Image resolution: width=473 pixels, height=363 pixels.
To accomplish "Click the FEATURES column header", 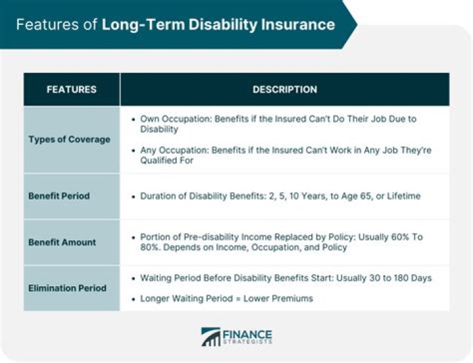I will pos(71,89).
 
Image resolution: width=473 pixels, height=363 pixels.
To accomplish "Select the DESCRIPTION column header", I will pos(284,89).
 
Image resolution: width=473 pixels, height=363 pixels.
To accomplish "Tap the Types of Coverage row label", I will pos(70,140).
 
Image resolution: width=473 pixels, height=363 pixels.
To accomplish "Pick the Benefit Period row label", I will pos(59,196).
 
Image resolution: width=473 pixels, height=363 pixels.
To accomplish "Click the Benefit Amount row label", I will pos(62,242).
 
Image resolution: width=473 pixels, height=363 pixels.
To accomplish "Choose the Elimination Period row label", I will pos(67,288).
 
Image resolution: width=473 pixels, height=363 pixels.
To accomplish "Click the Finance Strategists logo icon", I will pos(211,337).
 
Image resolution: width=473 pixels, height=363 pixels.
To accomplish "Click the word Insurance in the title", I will pos(298,26).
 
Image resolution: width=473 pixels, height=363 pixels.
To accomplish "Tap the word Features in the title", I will pos(41,26).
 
